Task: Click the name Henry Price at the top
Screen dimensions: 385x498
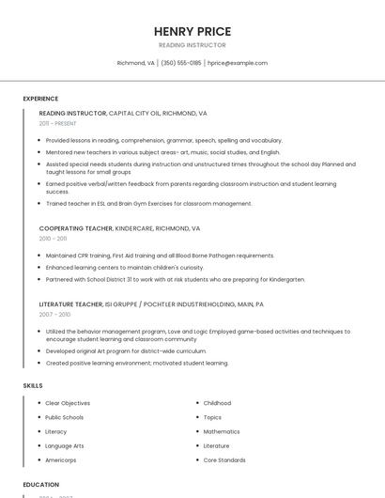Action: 192,31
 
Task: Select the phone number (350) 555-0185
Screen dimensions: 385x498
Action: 181,63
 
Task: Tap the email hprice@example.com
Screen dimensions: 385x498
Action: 238,63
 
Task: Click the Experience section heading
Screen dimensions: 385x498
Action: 40,99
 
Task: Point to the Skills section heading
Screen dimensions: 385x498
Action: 33,385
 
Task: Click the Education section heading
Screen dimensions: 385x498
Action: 40,485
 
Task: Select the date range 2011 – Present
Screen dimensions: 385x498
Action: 58,123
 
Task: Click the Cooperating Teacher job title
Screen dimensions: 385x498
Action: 75,228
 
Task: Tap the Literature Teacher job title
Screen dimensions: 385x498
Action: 70,304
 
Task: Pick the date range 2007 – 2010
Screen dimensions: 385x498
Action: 54,315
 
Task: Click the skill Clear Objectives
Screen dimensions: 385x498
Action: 68,403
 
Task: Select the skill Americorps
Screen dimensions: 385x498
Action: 62,459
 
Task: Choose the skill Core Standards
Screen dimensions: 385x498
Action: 224,459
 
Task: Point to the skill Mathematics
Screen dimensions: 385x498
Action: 222,431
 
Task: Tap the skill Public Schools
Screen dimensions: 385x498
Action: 64,417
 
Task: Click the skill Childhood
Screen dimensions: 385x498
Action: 217,403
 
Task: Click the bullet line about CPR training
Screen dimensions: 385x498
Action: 160,256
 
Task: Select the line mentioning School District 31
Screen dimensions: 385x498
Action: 175,279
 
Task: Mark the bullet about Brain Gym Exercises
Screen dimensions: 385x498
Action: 148,203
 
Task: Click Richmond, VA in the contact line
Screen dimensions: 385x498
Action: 135,63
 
